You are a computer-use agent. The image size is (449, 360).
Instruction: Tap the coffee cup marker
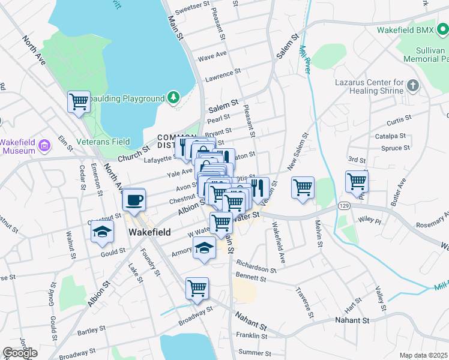click(x=134, y=199)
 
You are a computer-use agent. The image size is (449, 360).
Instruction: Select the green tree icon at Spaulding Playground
click(x=173, y=97)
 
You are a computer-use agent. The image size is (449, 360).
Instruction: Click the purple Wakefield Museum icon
click(x=43, y=145)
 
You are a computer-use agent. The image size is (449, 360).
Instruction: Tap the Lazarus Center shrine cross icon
click(x=412, y=85)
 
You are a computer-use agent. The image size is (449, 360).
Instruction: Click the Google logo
click(x=19, y=353)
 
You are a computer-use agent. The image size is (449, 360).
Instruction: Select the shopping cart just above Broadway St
click(x=197, y=289)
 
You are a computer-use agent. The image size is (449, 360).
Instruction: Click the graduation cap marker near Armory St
click(x=205, y=248)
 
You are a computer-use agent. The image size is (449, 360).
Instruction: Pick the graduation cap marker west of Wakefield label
click(x=102, y=232)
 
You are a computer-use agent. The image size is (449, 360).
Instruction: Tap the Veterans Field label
click(x=103, y=142)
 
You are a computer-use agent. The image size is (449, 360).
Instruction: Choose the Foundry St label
click(x=150, y=264)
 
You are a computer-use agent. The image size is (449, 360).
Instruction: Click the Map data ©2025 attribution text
click(x=423, y=355)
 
